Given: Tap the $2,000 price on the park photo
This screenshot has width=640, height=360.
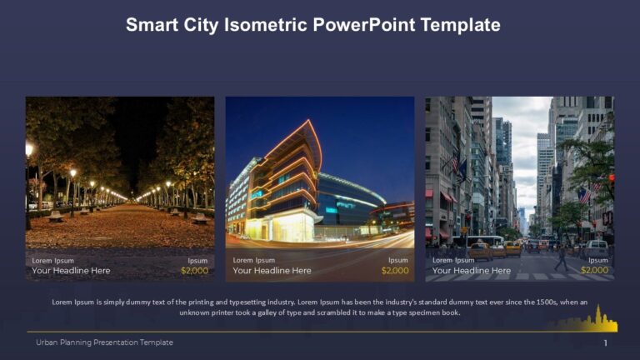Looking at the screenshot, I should pyautogui.click(x=194, y=270).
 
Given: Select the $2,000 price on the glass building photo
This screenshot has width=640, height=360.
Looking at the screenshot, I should pyautogui.click(x=395, y=270).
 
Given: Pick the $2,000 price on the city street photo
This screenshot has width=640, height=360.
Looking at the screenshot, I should pyautogui.click(x=594, y=270).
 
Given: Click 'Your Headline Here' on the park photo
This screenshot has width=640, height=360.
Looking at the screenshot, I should pyautogui.click(x=71, y=270).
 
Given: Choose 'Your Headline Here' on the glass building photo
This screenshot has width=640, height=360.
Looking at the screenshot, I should pyautogui.click(x=272, y=270).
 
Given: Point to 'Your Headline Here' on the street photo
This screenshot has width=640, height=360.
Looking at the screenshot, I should pyautogui.click(x=472, y=270).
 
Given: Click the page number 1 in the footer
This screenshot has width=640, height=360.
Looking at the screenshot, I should pyautogui.click(x=606, y=342).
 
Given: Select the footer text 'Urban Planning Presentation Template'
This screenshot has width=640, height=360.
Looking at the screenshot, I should pyautogui.click(x=104, y=342).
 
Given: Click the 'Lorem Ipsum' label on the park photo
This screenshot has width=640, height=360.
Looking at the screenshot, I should pyautogui.click(x=52, y=260).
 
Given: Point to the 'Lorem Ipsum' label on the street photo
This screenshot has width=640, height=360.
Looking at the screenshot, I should pyautogui.click(x=453, y=260).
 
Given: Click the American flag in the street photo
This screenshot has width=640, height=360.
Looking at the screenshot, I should pyautogui.click(x=585, y=195).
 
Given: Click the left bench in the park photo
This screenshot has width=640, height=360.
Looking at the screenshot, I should pyautogui.click(x=56, y=216).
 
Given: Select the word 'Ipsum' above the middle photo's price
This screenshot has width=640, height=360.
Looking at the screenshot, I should pyautogui.click(x=398, y=260).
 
